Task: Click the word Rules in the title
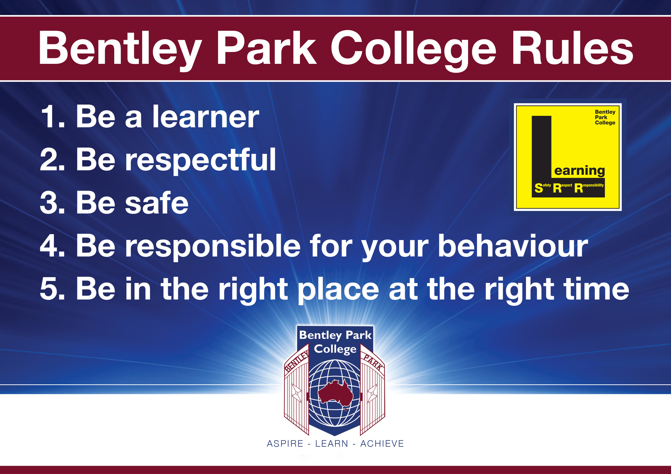click(x=572, y=48)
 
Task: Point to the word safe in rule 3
click(x=157, y=203)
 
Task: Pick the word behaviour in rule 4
click(x=513, y=246)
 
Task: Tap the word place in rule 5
click(x=338, y=290)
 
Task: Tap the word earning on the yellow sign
click(x=579, y=171)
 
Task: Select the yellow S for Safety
click(x=539, y=188)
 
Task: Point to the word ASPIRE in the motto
click(x=285, y=444)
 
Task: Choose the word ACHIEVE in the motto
click(x=382, y=444)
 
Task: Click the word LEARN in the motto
click(x=332, y=444)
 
